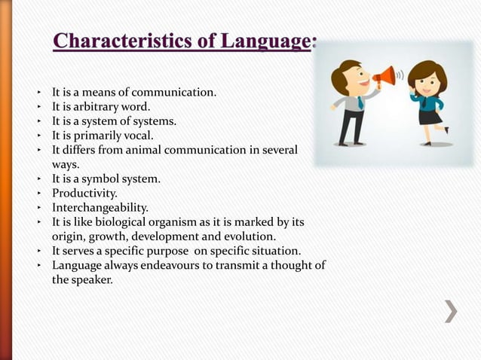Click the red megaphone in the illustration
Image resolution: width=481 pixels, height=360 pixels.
point(384,75)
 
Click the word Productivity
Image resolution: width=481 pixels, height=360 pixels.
point(84,194)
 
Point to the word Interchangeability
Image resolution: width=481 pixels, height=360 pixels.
point(100,207)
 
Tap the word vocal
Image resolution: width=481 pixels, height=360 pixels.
point(136,136)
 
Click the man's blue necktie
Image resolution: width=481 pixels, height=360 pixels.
point(361,102)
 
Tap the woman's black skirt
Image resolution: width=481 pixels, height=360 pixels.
point(430,116)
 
